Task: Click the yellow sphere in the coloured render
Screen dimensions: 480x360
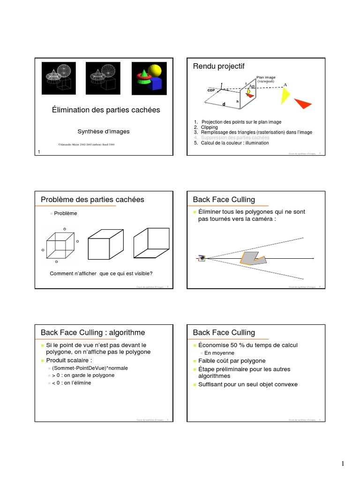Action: point(155,71)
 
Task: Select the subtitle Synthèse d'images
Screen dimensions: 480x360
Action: point(104,132)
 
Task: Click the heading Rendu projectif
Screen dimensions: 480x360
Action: point(219,67)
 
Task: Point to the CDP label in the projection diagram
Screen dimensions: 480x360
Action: point(210,90)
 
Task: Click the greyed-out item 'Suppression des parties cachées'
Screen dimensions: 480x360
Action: point(235,138)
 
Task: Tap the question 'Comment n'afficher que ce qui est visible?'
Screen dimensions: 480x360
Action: point(101,274)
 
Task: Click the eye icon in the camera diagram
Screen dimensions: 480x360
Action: point(202,258)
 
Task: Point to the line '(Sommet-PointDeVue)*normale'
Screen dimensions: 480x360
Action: point(90,368)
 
